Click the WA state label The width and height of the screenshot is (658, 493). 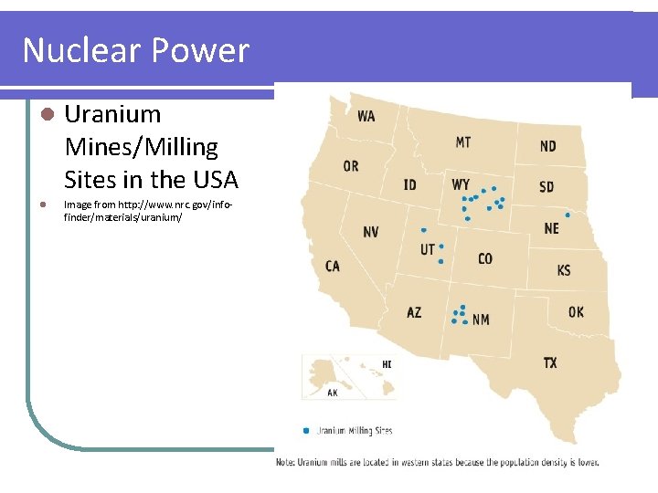tap(366, 116)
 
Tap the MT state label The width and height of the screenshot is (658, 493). tap(463, 142)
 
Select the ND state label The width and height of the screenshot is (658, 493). tap(547, 146)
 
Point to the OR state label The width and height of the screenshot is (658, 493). tap(351, 166)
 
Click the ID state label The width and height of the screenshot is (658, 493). tap(409, 185)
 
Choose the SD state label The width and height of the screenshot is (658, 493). tap(547, 187)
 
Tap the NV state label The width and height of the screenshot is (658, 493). tap(370, 233)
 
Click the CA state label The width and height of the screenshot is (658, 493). tap(333, 267)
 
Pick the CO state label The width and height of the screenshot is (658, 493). tap(484, 259)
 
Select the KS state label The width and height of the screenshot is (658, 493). tap(564, 270)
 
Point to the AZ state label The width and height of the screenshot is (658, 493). tap(414, 312)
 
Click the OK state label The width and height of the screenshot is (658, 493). tap(576, 312)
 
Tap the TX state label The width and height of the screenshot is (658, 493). tap(550, 363)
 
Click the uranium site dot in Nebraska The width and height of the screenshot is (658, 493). tap(568, 215)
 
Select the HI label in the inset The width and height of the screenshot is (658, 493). tap(387, 364)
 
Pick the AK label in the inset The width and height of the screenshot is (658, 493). tap(332, 393)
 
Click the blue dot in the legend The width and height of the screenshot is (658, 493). tap(305, 430)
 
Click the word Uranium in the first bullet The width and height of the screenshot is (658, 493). tap(112, 114)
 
